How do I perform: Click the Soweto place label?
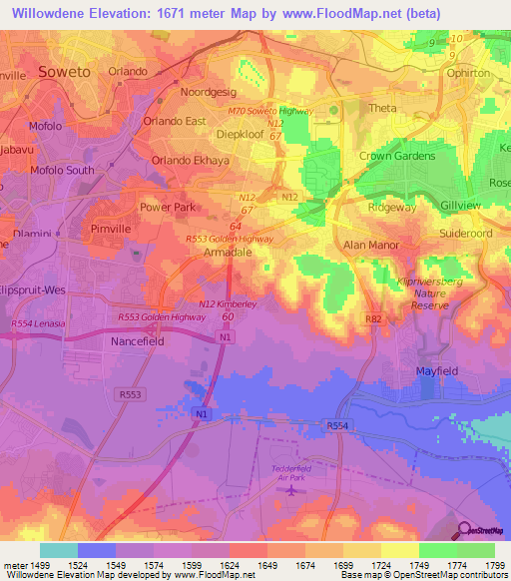click(64, 71)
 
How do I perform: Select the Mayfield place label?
click(435, 370)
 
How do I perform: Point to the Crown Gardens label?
click(397, 156)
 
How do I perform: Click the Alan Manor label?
click(371, 245)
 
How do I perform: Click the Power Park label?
click(167, 208)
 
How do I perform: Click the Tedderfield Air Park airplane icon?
click(290, 489)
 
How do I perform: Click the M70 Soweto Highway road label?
click(272, 111)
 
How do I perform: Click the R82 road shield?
click(373, 319)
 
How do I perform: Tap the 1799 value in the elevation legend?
click(495, 565)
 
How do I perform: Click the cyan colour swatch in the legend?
click(59, 550)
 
